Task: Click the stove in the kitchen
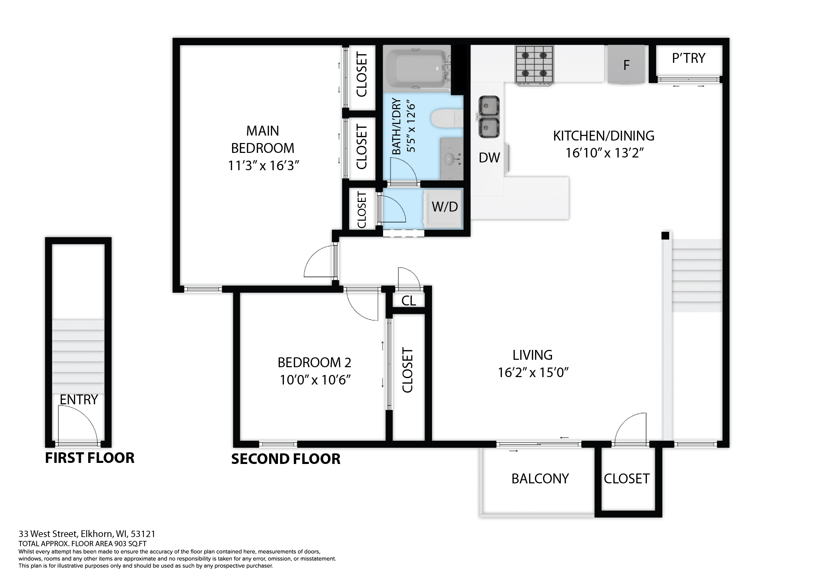[534, 65]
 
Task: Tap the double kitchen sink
[489, 117]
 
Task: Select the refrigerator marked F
[626, 64]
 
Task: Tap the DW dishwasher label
[490, 157]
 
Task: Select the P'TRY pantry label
[688, 58]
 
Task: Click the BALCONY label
[540, 479]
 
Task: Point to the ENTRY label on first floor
[79, 400]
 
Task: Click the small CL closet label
[408, 300]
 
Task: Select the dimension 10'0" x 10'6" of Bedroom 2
[315, 380]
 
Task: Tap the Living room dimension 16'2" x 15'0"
[533, 373]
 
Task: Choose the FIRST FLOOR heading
[90, 458]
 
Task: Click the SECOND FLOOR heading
[286, 459]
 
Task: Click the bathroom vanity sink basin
[449, 159]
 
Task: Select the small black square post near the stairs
[666, 236]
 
